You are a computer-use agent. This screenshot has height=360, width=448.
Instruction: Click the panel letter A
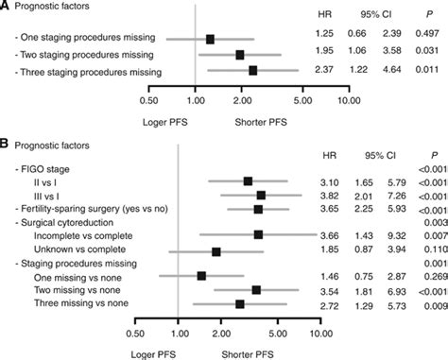[x=6, y=9]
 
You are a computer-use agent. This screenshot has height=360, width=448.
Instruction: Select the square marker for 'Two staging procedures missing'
[x=241, y=55]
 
